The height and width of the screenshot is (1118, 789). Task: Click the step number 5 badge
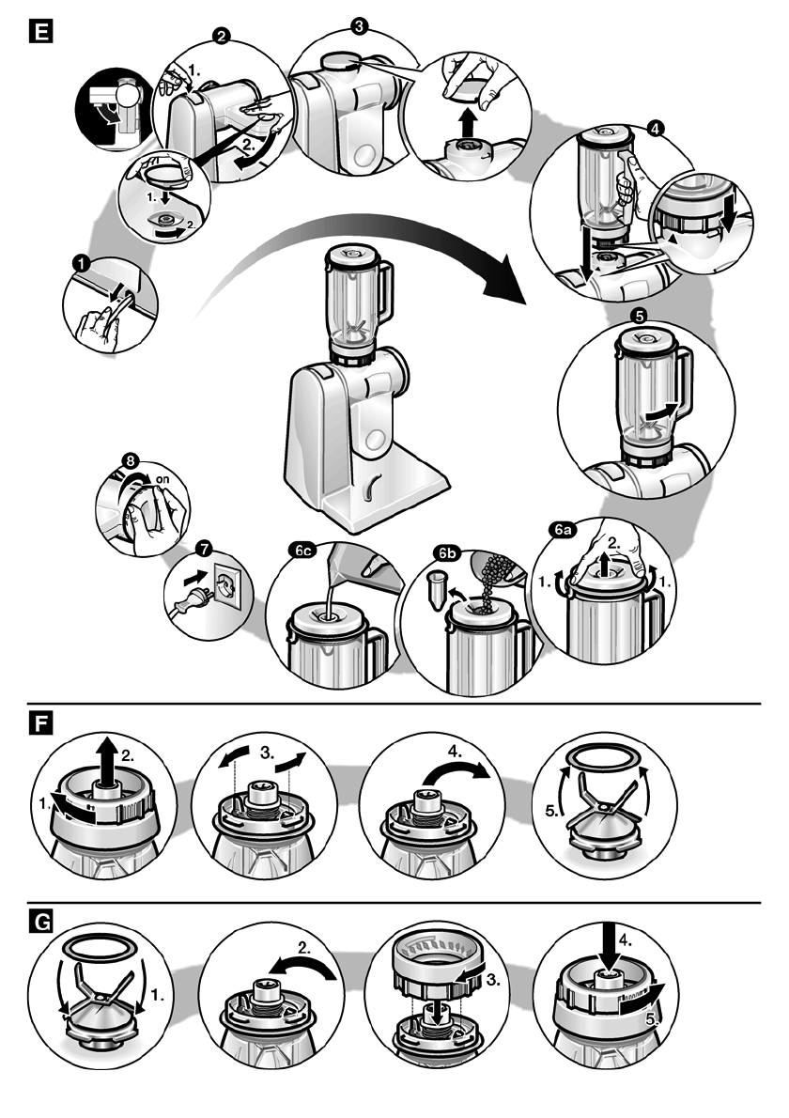click(641, 317)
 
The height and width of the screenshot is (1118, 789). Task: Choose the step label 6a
click(564, 531)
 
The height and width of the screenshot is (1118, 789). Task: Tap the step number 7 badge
click(199, 548)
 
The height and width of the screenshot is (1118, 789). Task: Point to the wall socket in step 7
click(228, 588)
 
